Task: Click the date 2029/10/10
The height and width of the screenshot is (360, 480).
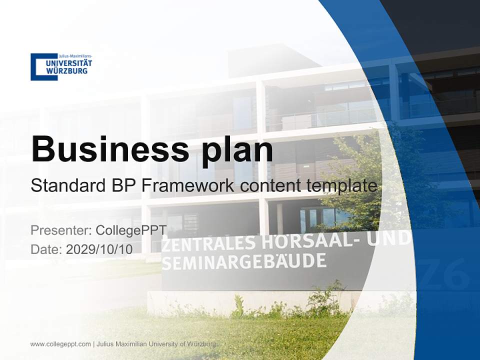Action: [x=99, y=249]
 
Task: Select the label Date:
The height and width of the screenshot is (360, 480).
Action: [x=46, y=249]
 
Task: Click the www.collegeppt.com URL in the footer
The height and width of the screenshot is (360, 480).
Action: [x=60, y=344]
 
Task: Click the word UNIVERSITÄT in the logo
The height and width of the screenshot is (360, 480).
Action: [x=69, y=63]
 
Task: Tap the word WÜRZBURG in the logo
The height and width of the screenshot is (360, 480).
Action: [x=66, y=71]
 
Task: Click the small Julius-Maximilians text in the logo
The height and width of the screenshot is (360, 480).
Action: [x=75, y=56]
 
